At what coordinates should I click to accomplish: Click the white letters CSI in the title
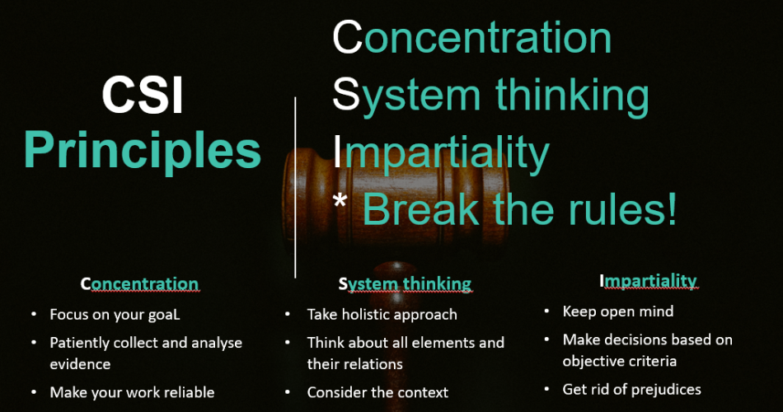pyautogui.click(x=143, y=95)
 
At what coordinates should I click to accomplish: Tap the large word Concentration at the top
pyautogui.click(x=472, y=37)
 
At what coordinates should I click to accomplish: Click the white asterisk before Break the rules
pyautogui.click(x=340, y=201)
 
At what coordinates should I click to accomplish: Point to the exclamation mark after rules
pyautogui.click(x=671, y=208)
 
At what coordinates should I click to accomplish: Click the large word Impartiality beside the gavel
pyautogui.click(x=441, y=152)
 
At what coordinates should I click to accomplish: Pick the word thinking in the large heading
pyautogui.click(x=572, y=95)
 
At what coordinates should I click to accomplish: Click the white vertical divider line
pyautogui.click(x=295, y=187)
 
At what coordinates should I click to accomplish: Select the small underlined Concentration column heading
pyautogui.click(x=140, y=283)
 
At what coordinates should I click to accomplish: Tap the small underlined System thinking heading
pyautogui.click(x=405, y=284)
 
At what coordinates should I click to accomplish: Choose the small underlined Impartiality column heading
pyautogui.click(x=648, y=281)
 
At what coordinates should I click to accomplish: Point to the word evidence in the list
pyautogui.click(x=80, y=364)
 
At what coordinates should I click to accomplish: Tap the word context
pyautogui.click(x=421, y=392)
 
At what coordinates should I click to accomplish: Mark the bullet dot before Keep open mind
pyautogui.click(x=546, y=311)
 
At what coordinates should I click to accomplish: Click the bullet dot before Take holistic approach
pyautogui.click(x=288, y=314)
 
